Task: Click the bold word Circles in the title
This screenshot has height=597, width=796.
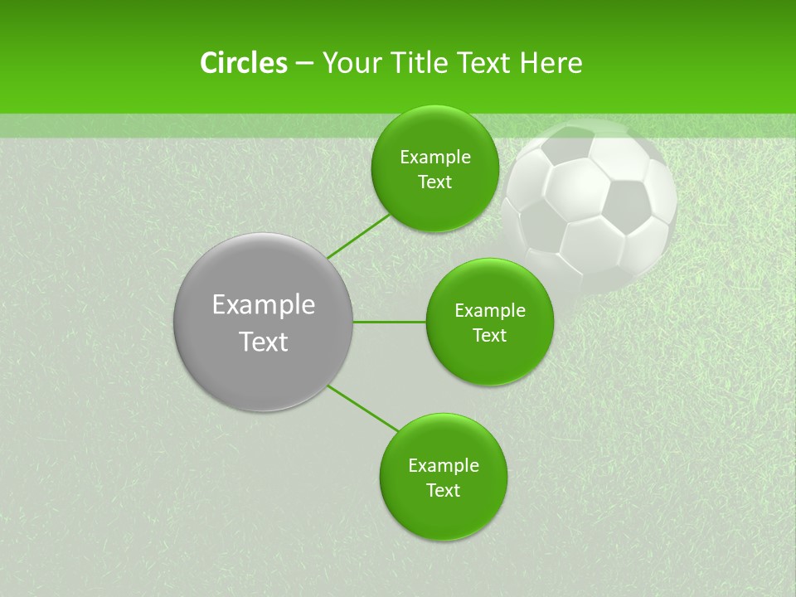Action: tap(244, 63)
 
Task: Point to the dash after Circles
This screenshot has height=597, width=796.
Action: tap(304, 64)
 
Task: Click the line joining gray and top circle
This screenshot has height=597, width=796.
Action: tap(359, 235)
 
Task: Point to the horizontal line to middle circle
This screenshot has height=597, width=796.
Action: tap(390, 322)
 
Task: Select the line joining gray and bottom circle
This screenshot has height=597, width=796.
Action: tap(362, 408)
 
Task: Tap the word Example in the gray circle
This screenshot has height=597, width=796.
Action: tap(264, 305)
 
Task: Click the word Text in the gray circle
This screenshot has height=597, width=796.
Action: tap(264, 342)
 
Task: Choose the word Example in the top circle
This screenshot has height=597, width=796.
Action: tap(435, 158)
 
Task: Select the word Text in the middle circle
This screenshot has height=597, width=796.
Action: tap(490, 335)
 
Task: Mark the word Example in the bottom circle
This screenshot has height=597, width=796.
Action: tap(444, 466)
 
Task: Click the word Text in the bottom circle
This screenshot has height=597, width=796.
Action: tap(444, 490)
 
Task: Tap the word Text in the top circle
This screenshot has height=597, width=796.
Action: tap(435, 182)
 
